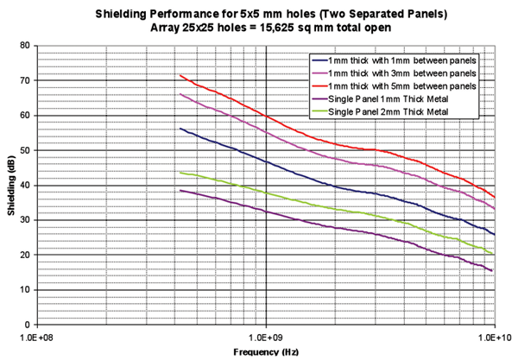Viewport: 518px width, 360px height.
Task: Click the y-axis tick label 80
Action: [24, 45]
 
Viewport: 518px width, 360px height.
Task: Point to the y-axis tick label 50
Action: [24, 150]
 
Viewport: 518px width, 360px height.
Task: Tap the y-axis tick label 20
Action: [24, 255]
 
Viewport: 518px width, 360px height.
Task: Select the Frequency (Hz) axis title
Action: [265, 353]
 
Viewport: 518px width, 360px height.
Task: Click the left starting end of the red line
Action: [180, 75]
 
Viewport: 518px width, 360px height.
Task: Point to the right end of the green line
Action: [494, 254]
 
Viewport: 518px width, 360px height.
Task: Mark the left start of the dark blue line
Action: [180, 128]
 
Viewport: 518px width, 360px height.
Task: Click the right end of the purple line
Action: [494, 271]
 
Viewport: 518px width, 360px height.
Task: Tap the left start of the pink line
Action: [180, 93]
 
